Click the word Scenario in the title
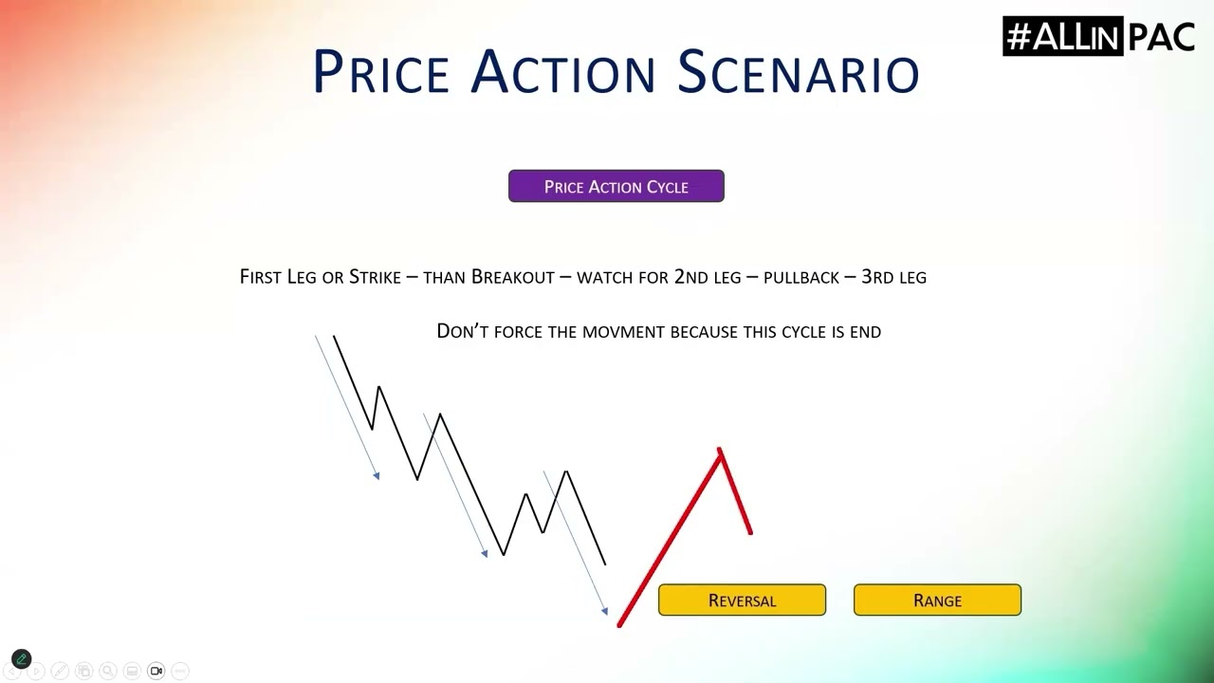(x=799, y=71)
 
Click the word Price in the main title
(x=381, y=71)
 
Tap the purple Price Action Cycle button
(x=616, y=186)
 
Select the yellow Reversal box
(x=742, y=600)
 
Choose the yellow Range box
(x=938, y=600)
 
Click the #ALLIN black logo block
(x=1063, y=36)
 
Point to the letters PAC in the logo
(x=1162, y=37)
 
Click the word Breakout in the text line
(x=513, y=277)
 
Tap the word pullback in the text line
(x=801, y=278)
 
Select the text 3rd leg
(x=893, y=277)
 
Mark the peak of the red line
(x=719, y=449)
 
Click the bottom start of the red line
(x=619, y=626)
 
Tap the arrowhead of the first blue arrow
(x=377, y=476)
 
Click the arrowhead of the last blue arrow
(x=605, y=612)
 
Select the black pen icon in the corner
(x=22, y=659)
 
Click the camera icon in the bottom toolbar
(x=156, y=671)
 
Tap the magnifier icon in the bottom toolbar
(x=108, y=671)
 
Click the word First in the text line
(x=260, y=277)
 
